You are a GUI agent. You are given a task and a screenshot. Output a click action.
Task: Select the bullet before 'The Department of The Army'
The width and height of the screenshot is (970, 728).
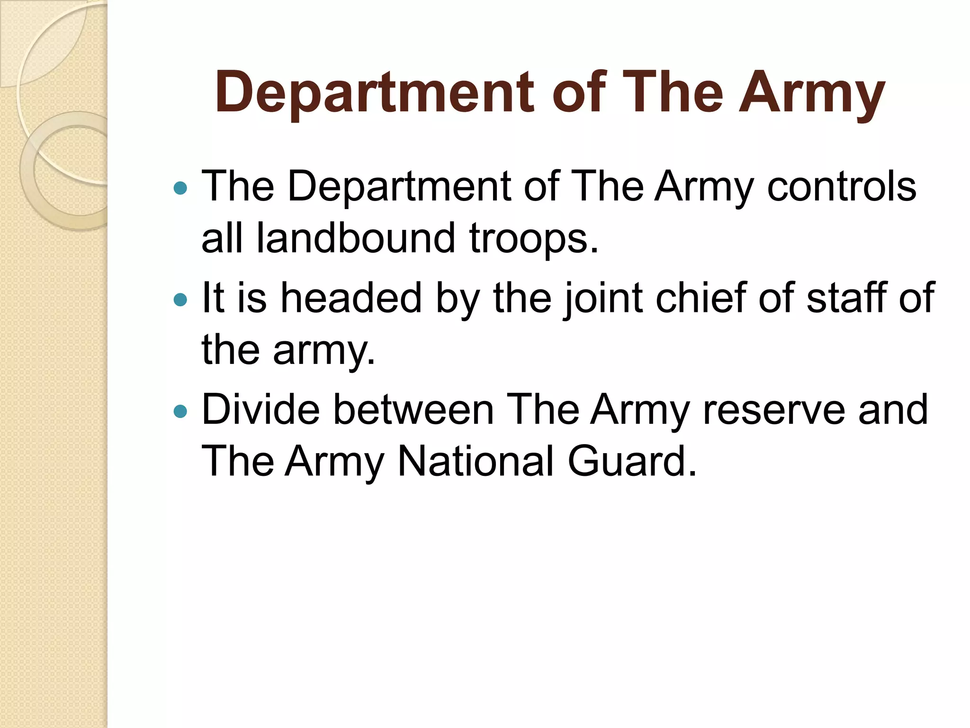180,189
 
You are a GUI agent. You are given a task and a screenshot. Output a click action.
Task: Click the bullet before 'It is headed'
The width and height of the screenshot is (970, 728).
180,300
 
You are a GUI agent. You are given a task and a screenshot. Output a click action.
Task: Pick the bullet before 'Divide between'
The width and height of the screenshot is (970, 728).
180,411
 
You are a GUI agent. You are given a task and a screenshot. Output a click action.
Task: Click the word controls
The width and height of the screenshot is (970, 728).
841,186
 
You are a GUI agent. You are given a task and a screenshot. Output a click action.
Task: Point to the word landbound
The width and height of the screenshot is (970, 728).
356,238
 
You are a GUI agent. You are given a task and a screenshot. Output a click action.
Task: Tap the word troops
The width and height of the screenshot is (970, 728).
533,240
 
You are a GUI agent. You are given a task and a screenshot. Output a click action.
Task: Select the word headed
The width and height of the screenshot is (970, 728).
350,298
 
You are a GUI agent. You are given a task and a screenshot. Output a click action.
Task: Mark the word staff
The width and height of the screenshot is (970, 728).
846,298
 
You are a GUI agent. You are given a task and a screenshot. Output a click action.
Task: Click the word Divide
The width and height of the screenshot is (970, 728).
261,409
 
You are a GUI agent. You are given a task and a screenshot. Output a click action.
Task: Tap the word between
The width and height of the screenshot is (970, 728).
413,409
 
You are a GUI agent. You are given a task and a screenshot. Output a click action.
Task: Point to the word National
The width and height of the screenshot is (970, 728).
476,461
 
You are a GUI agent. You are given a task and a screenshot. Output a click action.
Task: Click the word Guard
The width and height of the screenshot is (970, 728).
632,461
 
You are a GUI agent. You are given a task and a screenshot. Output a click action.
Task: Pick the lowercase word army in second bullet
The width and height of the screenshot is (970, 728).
324,353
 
